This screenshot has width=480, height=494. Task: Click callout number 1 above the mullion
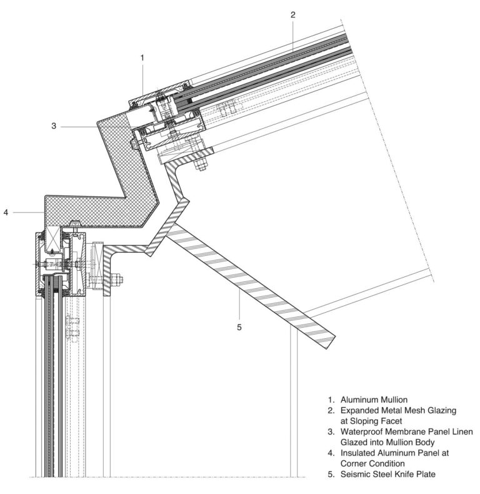click(x=142, y=58)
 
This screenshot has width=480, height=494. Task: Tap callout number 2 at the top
click(x=292, y=14)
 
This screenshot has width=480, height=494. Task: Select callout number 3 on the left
click(x=54, y=126)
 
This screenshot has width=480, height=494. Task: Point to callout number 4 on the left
click(x=6, y=212)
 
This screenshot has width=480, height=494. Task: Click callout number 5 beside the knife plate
click(x=239, y=326)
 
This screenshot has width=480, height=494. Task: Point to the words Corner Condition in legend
click(x=378, y=464)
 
